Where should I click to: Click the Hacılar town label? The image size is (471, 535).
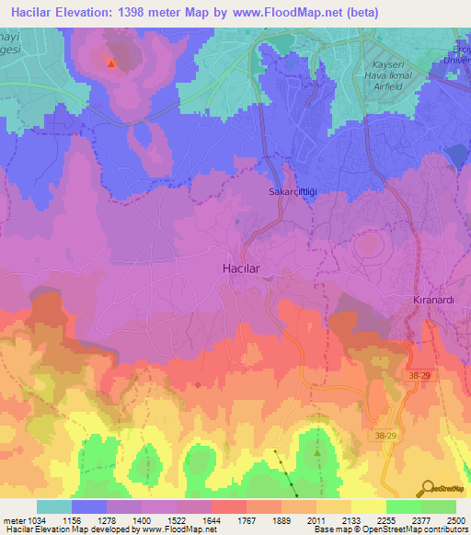pos(246,267)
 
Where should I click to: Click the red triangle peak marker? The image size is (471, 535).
pos(110,63)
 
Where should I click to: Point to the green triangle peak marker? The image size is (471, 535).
pos(317,452)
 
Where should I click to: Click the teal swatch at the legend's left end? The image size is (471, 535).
pos(53,507)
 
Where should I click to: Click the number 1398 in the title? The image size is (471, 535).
pos(152,12)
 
